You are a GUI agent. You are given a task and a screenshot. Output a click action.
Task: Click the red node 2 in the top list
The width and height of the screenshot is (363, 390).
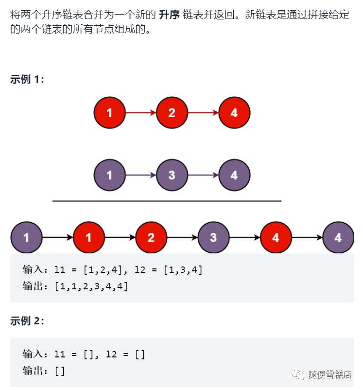pyautogui.click(x=172, y=113)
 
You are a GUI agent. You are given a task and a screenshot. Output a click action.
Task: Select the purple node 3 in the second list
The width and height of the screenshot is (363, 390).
pyautogui.click(x=172, y=175)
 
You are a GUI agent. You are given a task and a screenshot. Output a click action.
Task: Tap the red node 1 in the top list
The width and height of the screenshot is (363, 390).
pyautogui.click(x=109, y=113)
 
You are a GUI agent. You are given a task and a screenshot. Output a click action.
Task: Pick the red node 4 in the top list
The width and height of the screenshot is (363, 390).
pyautogui.click(x=234, y=113)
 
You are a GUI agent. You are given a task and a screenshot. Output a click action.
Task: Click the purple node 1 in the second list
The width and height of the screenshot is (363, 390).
pyautogui.click(x=109, y=175)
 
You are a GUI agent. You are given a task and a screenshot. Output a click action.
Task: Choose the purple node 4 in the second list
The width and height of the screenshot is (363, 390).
pyautogui.click(x=234, y=175)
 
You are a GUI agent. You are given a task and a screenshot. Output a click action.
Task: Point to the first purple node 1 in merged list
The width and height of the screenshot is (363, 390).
pyautogui.click(x=26, y=238)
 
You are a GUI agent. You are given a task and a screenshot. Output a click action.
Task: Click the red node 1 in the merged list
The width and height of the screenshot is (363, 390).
pyautogui.click(x=88, y=238)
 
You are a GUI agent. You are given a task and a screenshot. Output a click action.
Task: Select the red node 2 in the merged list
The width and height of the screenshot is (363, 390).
pyautogui.click(x=151, y=238)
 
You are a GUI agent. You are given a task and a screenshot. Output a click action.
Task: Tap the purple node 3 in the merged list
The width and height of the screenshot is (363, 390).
pyautogui.click(x=213, y=238)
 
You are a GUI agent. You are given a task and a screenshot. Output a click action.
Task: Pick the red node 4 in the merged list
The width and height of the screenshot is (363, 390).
pyautogui.click(x=276, y=238)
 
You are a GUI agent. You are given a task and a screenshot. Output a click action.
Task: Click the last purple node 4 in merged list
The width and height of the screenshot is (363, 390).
pyautogui.click(x=338, y=238)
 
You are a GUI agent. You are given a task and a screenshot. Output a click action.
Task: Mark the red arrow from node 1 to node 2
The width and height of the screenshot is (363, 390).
pyautogui.click(x=140, y=113)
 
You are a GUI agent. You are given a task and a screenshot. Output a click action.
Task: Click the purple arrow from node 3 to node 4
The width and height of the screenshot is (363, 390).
pyautogui.click(x=203, y=175)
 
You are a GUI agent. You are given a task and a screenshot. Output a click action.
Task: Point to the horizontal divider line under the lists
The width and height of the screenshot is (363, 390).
pyautogui.click(x=167, y=201)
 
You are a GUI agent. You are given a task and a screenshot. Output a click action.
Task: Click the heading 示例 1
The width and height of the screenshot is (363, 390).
pyautogui.click(x=27, y=80)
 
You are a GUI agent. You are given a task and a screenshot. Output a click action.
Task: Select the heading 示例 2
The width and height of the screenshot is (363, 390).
pyautogui.click(x=27, y=321)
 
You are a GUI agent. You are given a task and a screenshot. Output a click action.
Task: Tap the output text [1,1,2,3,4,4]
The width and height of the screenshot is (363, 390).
pyautogui.click(x=91, y=286)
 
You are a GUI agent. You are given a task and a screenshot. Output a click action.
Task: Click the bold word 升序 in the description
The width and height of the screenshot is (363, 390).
pyautogui.click(x=170, y=14)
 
